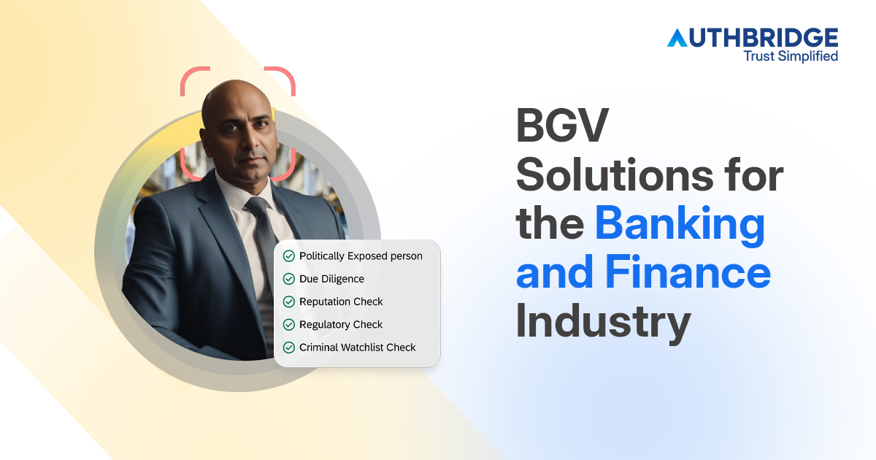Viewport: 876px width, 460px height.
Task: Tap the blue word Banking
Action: (x=680, y=226)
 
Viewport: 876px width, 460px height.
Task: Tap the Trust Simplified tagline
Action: (x=790, y=55)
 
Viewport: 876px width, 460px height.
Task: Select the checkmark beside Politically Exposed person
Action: (x=289, y=256)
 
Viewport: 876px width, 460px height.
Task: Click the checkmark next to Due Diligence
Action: (x=289, y=279)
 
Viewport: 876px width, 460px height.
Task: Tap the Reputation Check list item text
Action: (x=341, y=302)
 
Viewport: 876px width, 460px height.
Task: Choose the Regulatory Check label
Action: (x=341, y=324)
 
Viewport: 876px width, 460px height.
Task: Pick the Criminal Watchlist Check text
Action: (x=357, y=348)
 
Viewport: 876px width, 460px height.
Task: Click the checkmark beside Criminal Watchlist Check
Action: (x=289, y=348)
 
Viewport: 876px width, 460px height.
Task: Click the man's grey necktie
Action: (x=264, y=234)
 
